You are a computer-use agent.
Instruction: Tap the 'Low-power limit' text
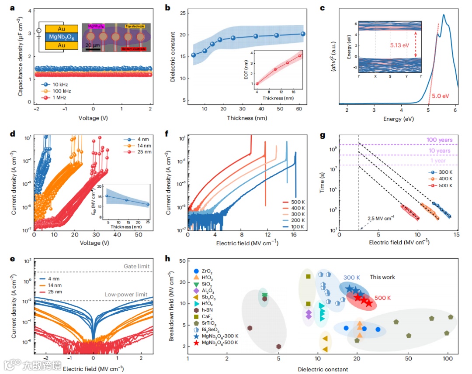pos(128,295)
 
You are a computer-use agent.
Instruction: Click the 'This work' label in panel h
pos(382,277)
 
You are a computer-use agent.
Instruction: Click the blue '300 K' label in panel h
pos(351,278)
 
